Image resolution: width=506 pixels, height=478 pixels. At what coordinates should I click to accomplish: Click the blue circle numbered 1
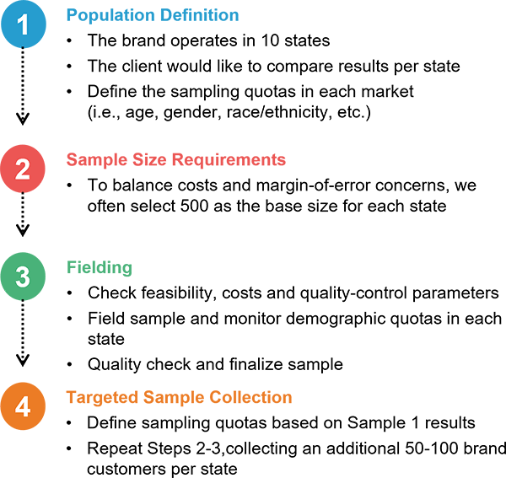[24, 24]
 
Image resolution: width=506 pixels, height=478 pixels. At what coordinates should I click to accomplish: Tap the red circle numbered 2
[23, 169]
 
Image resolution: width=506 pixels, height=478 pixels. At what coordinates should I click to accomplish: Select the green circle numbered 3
[23, 277]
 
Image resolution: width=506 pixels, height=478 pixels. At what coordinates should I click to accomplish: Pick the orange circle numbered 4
[23, 406]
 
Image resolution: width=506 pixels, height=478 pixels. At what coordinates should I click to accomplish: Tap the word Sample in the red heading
[94, 160]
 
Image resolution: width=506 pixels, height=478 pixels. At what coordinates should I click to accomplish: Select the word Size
[147, 160]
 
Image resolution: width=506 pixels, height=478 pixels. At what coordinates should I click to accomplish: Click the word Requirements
[229, 160]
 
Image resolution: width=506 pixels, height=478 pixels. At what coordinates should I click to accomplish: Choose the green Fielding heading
[100, 268]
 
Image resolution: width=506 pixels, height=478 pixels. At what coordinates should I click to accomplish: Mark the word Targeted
[102, 398]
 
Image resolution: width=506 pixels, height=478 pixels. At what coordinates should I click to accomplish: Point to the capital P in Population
[72, 15]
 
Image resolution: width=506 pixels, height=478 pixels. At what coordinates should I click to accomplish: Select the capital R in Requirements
[178, 160]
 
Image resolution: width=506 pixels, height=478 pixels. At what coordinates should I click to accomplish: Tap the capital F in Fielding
[72, 268]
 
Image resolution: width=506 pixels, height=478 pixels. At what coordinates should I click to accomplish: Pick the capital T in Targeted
[71, 398]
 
